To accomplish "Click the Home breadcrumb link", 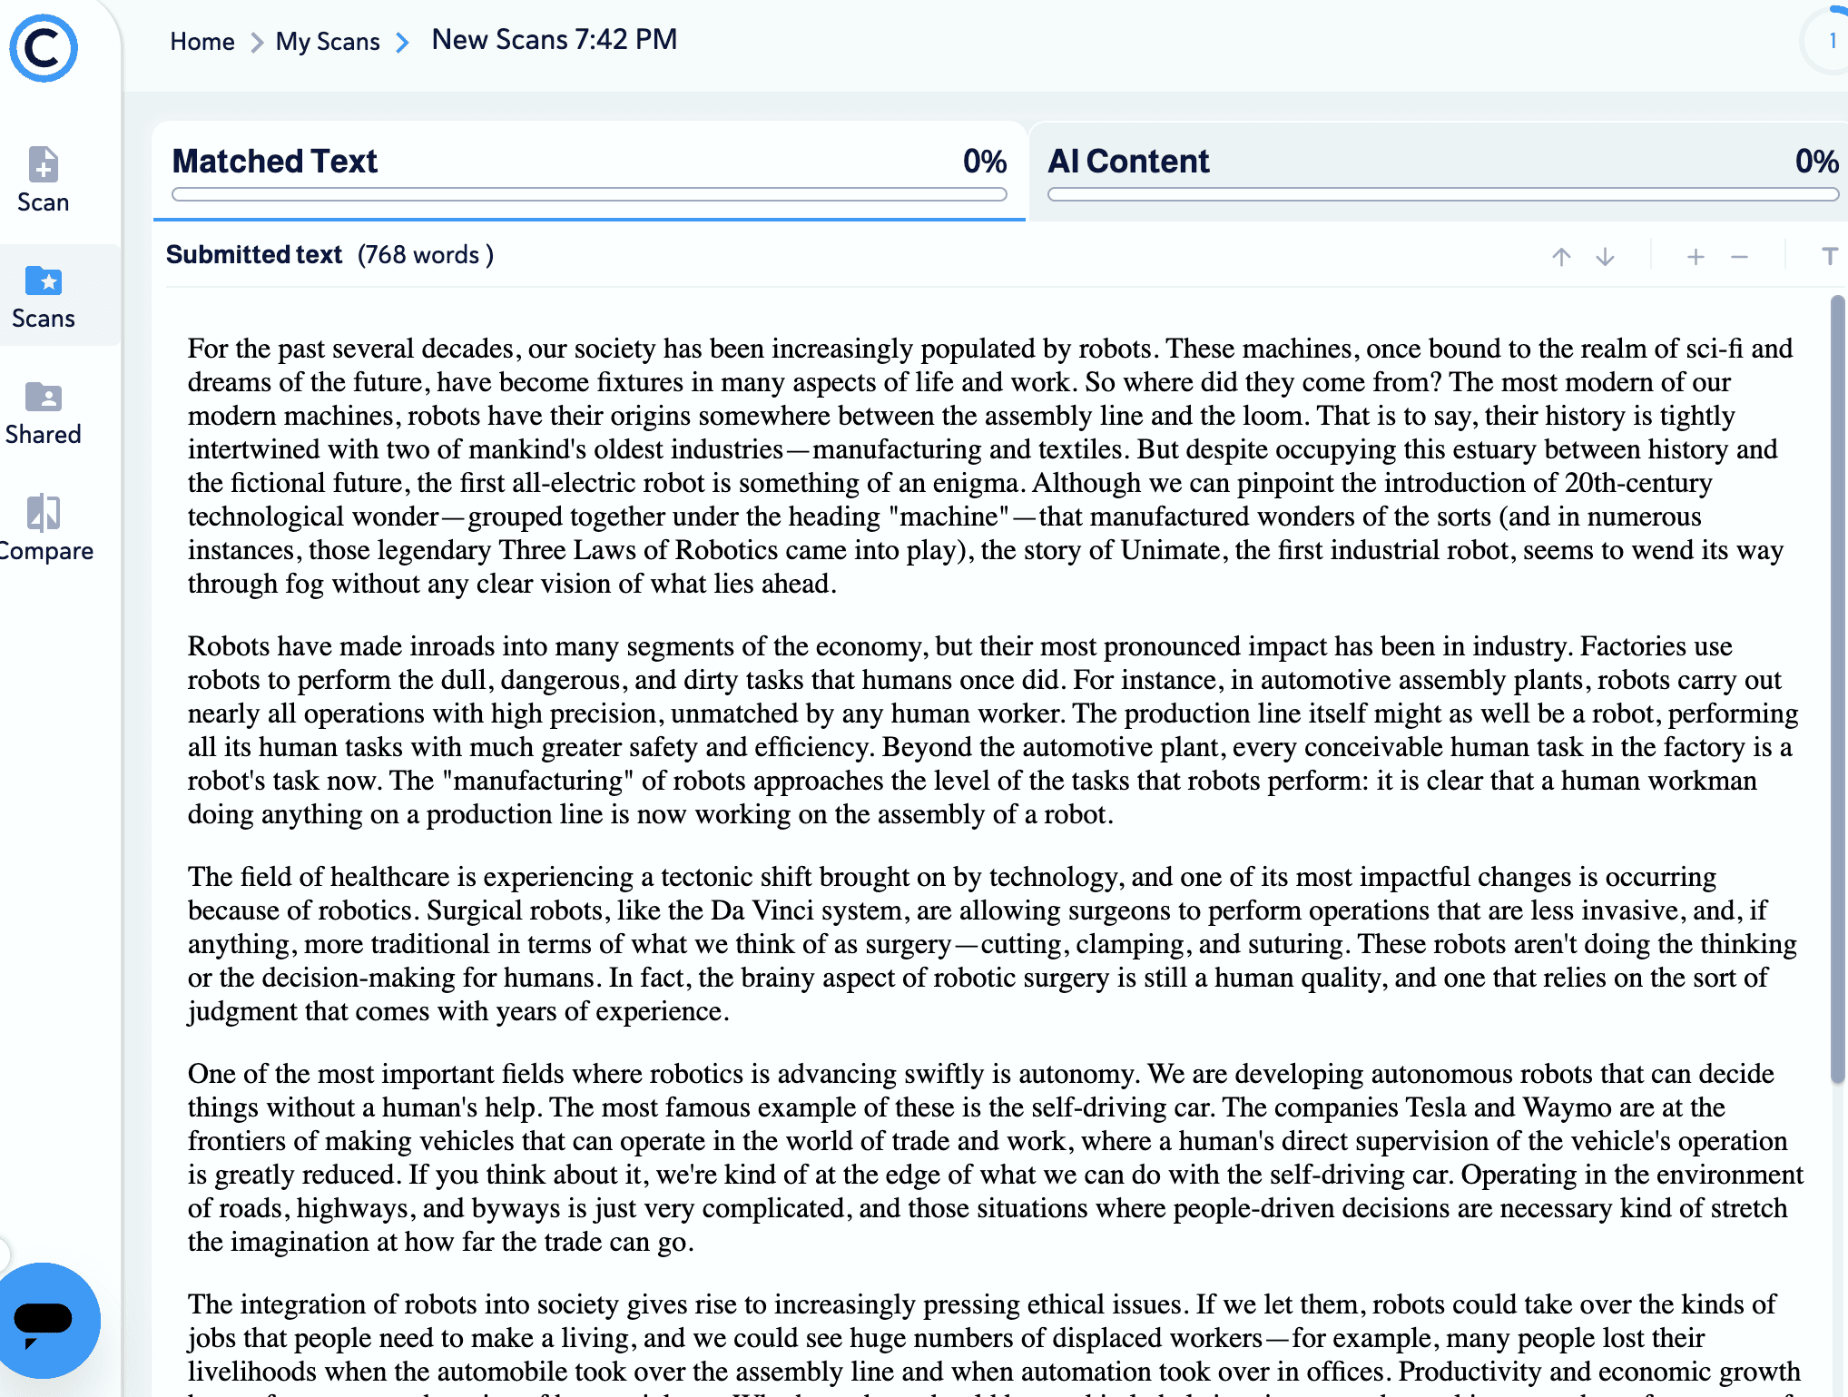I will (202, 42).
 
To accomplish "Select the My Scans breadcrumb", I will (328, 42).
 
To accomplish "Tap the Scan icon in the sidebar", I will (44, 165).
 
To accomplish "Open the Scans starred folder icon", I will (44, 281).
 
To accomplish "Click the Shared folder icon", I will (44, 398).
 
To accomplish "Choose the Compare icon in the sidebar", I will (44, 514).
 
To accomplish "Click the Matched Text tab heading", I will (274, 162).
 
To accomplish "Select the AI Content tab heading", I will (1128, 162).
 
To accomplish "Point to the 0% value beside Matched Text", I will (985, 162).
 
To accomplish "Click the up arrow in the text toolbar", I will (1561, 257).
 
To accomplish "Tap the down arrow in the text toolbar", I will (1605, 257).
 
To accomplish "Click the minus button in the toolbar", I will (1739, 257).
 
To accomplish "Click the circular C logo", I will (44, 49).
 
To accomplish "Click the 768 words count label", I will (426, 255).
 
